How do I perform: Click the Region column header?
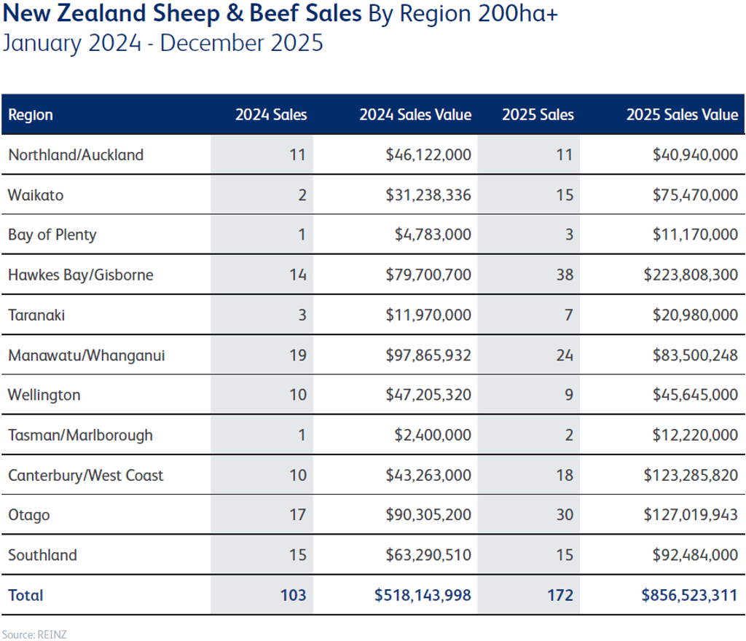[x=31, y=115]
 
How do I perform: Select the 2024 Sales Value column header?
[x=415, y=115]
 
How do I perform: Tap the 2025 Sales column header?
[x=538, y=115]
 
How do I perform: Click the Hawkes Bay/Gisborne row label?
[x=80, y=275]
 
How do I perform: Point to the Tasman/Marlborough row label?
[x=80, y=435]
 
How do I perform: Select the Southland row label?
[x=42, y=555]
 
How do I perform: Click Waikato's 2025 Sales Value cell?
[x=691, y=194]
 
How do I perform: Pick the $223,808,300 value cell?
[x=691, y=275]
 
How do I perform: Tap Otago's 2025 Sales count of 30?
[x=565, y=515]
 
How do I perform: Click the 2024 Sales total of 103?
[x=294, y=595]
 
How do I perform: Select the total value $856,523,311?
[x=690, y=595]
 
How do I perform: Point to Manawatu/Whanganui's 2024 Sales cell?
[x=298, y=355]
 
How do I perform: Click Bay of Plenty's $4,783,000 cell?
[x=433, y=235]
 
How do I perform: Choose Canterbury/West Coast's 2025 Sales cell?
[x=565, y=475]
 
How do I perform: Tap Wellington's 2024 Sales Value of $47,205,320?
[x=429, y=395]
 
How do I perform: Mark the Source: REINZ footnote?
[x=25, y=634]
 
